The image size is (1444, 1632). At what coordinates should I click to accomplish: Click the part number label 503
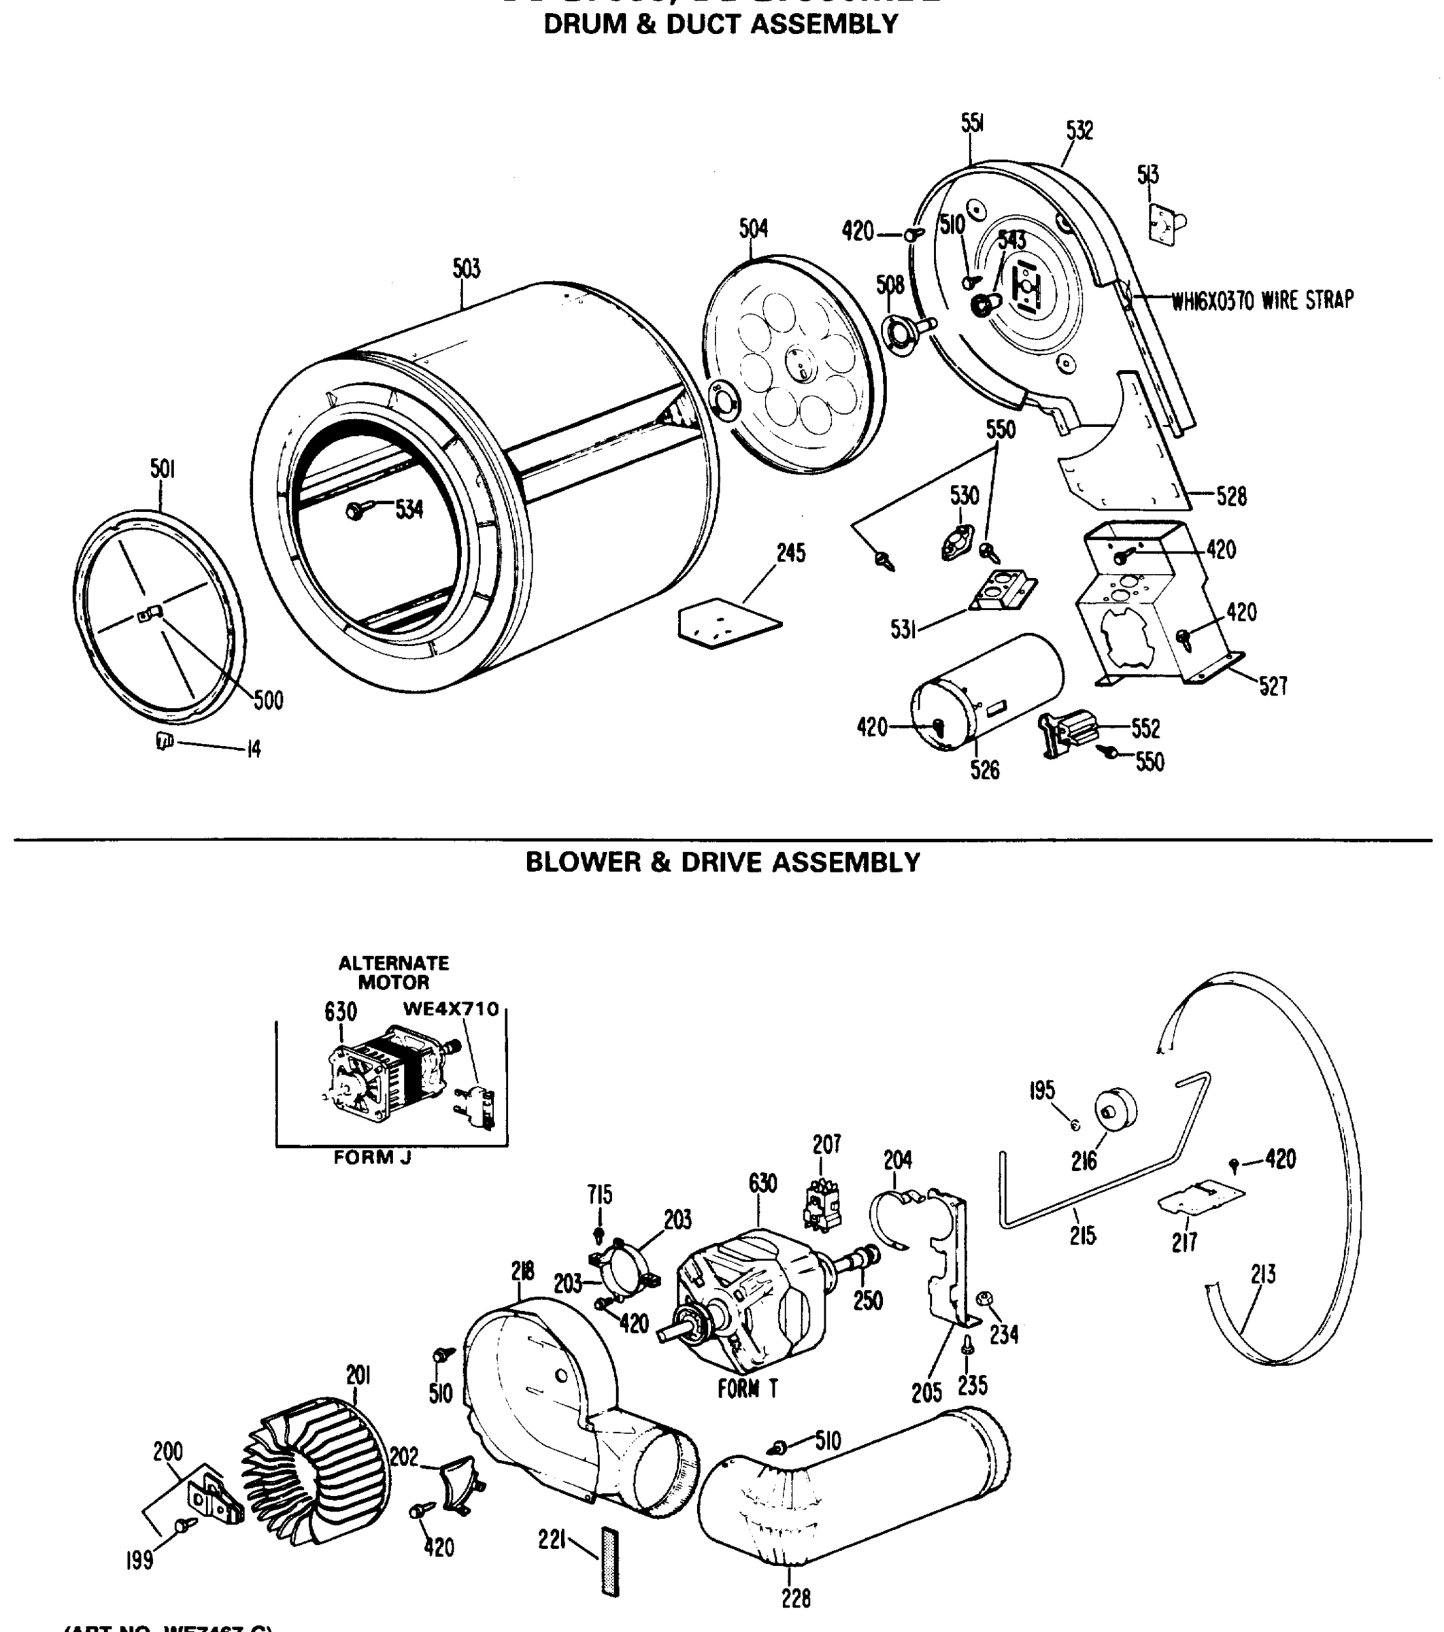[467, 269]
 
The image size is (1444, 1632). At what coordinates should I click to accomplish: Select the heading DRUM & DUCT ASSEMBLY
[720, 24]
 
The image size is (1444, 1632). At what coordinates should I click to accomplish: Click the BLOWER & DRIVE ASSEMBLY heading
[722, 862]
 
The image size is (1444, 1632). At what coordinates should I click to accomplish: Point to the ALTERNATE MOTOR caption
[393, 972]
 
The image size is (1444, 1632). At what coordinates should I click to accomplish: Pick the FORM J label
[372, 1157]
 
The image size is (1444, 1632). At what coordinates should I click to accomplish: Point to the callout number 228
[796, 1598]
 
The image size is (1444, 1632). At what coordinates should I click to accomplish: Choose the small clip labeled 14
[164, 742]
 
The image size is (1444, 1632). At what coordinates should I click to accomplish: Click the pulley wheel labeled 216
[1115, 1110]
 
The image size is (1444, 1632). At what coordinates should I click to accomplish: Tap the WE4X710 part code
[450, 1008]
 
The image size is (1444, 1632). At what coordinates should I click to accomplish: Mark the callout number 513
[1149, 174]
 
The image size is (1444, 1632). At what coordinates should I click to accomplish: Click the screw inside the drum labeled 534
[356, 509]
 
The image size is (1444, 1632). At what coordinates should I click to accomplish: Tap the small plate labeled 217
[1200, 1197]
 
